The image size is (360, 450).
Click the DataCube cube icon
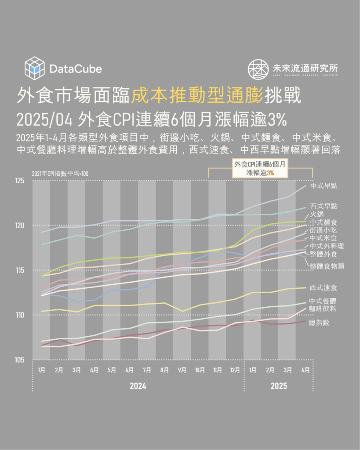pyautogui.click(x=35, y=68)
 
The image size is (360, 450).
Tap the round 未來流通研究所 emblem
pyautogui.click(x=258, y=69)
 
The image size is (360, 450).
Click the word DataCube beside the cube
pyautogui.click(x=76, y=69)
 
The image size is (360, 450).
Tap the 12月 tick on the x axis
pyautogui.click(x=234, y=370)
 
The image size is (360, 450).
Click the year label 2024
pyautogui.click(x=138, y=386)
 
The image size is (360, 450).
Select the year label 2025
pyautogui.click(x=278, y=386)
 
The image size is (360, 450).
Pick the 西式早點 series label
pyautogui.click(x=324, y=206)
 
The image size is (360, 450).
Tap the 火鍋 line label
pyautogui.click(x=317, y=214)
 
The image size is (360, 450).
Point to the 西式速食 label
pyautogui.click(x=324, y=288)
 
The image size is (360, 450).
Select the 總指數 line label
pyautogui.click(x=320, y=323)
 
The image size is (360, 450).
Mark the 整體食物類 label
pyautogui.click(x=327, y=266)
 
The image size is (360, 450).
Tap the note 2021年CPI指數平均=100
pyautogui.click(x=60, y=174)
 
